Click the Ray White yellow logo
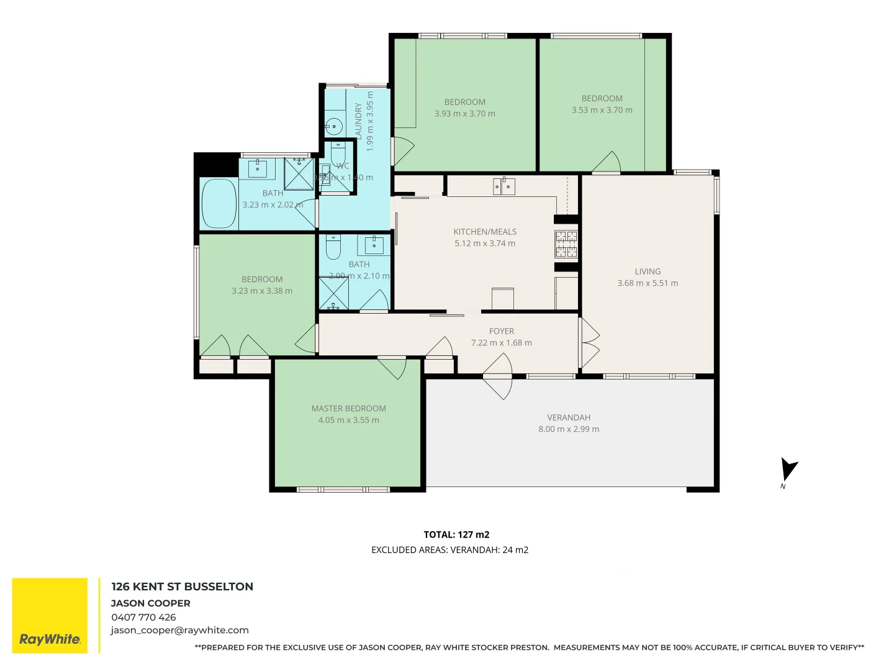[x=50, y=616]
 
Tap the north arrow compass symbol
[x=788, y=470]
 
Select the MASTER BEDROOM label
[x=348, y=408]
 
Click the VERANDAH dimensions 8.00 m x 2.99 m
[x=569, y=429]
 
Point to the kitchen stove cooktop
[x=566, y=244]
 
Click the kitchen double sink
[x=503, y=186]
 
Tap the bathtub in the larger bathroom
[x=219, y=204]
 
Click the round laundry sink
[x=334, y=127]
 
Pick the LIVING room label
[x=648, y=272]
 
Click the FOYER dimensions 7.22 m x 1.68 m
[x=501, y=343]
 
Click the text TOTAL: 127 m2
[x=456, y=534]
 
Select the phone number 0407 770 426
[x=143, y=617]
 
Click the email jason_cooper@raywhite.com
[x=179, y=630]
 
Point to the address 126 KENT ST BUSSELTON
[x=182, y=587]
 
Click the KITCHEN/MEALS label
[x=484, y=232]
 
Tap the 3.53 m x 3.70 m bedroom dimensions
[x=602, y=110]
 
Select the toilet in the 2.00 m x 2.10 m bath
[x=333, y=247]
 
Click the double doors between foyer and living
[x=589, y=343]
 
